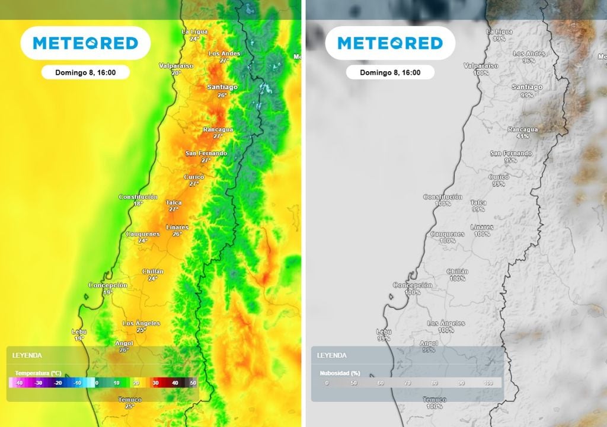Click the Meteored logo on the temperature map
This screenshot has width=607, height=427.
pyautogui.click(x=85, y=43)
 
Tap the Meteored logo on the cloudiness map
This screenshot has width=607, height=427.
pyautogui.click(x=390, y=43)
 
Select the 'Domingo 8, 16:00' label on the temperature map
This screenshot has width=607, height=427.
pyautogui.click(x=85, y=72)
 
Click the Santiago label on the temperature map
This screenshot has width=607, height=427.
pyautogui.click(x=222, y=87)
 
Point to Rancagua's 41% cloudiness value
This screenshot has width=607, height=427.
pyautogui.click(x=522, y=136)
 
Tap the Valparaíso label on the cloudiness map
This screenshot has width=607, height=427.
pyautogui.click(x=481, y=66)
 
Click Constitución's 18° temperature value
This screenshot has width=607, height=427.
pyautogui.click(x=138, y=204)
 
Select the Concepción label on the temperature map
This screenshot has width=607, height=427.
pyautogui.click(x=108, y=285)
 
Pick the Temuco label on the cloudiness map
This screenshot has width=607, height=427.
pyautogui.click(x=435, y=400)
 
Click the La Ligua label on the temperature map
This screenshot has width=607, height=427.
pyautogui.click(x=194, y=31)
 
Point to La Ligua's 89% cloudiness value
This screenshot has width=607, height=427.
pyautogui.click(x=499, y=39)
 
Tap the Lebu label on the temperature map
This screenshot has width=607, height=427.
pyautogui.click(x=79, y=332)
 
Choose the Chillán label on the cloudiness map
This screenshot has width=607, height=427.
pyautogui.click(x=457, y=272)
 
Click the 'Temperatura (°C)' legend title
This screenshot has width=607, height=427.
pyautogui.click(x=38, y=373)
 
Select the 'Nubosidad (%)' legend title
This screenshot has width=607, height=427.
pyautogui.click(x=339, y=374)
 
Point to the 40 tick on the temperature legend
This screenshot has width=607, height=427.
pyautogui.click(x=175, y=383)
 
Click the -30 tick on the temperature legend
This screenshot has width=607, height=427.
pyautogui.click(x=39, y=383)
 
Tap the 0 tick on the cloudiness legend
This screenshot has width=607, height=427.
pyautogui.click(x=327, y=383)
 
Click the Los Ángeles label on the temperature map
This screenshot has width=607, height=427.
pyautogui.click(x=141, y=323)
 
